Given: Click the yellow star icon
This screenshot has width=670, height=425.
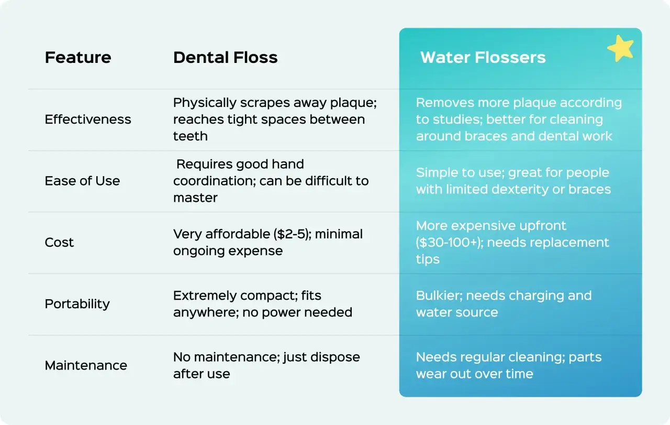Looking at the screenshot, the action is pyautogui.click(x=621, y=49).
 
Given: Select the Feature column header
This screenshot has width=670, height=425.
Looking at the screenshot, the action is pyautogui.click(x=78, y=57).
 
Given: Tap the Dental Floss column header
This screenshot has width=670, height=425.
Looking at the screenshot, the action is pyautogui.click(x=225, y=57).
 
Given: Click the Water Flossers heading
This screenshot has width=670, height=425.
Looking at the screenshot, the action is pyautogui.click(x=483, y=57).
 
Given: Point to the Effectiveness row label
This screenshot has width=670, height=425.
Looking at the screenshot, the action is pyautogui.click(x=88, y=119).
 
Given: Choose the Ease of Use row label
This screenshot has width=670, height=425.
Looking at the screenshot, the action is pyautogui.click(x=82, y=181).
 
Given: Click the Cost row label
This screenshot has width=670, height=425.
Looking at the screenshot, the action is pyautogui.click(x=59, y=242).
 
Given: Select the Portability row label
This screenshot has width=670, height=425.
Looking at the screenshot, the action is pyautogui.click(x=77, y=304).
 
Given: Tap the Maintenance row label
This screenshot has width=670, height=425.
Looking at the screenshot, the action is pyautogui.click(x=86, y=365).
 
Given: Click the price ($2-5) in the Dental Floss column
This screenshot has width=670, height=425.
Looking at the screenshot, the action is pyautogui.click(x=292, y=234).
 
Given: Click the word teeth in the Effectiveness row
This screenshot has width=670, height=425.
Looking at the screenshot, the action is pyautogui.click(x=190, y=136).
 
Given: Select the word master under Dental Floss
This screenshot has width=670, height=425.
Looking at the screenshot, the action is pyautogui.click(x=195, y=198).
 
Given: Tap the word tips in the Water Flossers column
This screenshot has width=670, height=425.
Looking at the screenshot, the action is pyautogui.click(x=428, y=259).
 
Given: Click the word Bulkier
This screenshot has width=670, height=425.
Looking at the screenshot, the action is pyautogui.click(x=439, y=296).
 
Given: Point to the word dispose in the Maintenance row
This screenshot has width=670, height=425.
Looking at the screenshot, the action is pyautogui.click(x=335, y=357).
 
